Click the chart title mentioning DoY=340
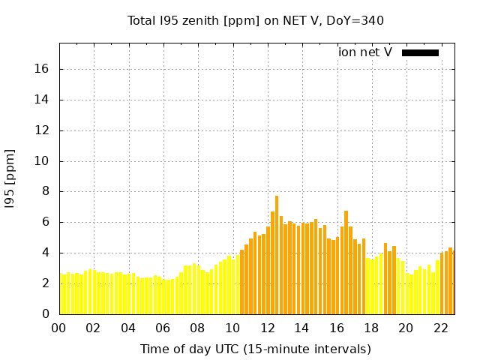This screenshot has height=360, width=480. [x=256, y=20]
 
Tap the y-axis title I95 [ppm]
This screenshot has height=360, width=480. [x=10, y=179]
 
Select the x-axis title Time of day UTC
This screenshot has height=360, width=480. [x=255, y=349]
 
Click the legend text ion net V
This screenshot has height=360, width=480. [x=364, y=52]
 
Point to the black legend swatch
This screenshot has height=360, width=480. [x=420, y=52]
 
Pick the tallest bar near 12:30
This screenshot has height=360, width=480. [x=277, y=255]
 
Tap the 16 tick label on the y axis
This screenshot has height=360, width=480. [x=42, y=69]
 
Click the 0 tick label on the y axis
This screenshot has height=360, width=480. [x=45, y=314]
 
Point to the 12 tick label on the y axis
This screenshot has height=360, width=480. [x=42, y=130]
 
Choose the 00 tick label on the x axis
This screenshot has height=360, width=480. [x=59, y=328]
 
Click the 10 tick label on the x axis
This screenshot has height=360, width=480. [x=232, y=328]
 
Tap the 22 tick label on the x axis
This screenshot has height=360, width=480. [x=440, y=328]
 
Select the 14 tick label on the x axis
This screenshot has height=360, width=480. [x=301, y=328]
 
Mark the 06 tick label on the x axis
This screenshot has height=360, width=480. [x=163, y=328]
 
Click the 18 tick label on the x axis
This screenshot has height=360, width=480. [x=370, y=328]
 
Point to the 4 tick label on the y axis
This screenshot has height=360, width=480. [x=45, y=253]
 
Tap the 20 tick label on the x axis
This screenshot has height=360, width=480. [x=406, y=328]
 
